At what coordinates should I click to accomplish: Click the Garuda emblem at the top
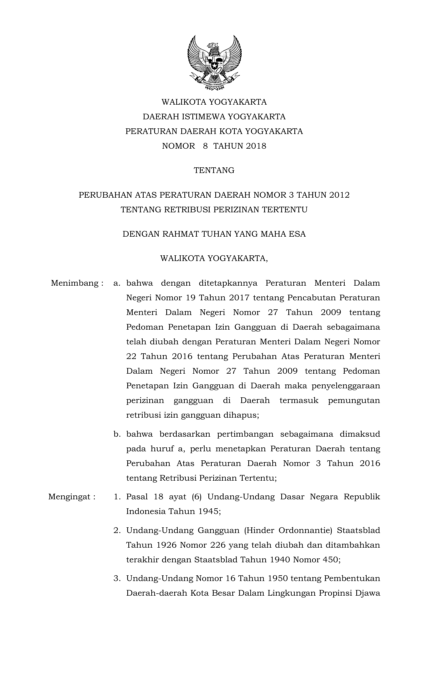click(214, 63)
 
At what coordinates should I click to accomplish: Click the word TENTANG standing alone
click(214, 170)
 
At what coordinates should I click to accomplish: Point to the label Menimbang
click(75, 283)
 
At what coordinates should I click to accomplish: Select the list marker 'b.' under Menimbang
click(117, 434)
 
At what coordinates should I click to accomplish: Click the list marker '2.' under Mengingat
click(117, 530)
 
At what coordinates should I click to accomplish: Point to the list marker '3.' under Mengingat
click(117, 578)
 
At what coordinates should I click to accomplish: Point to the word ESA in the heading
click(298, 234)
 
